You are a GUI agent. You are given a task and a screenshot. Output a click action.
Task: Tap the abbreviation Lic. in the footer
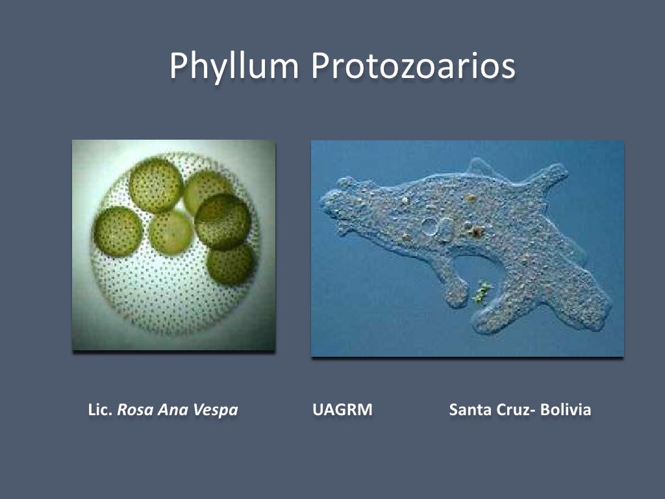[x=101, y=411]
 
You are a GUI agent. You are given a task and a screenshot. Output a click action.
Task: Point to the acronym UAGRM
[x=342, y=411]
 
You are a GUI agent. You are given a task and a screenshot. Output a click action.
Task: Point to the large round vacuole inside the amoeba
[x=430, y=227]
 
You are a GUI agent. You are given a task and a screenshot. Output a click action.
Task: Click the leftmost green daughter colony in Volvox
[x=118, y=232]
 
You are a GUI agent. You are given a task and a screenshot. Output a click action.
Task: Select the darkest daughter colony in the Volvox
[x=223, y=222]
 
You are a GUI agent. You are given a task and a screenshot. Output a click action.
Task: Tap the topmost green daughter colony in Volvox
[x=155, y=186]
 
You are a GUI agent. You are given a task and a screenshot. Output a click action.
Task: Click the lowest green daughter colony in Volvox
[x=231, y=264]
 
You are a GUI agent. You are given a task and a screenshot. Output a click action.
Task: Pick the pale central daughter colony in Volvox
[x=171, y=233]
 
